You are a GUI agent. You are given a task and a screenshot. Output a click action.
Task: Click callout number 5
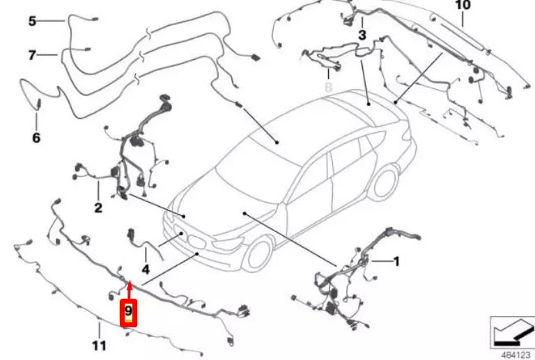coord(32,21)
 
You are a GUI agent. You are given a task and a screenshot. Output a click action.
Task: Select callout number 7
coord(32,54)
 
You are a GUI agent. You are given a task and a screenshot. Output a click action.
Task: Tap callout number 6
coord(36,137)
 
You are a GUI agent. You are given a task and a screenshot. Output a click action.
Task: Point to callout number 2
coord(98,207)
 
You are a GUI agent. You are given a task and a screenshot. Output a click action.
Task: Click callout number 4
coord(145,268)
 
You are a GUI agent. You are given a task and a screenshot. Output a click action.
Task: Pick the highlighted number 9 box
coord(129,313)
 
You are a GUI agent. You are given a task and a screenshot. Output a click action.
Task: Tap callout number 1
coord(396,262)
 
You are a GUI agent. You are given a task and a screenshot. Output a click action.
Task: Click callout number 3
coord(362,34)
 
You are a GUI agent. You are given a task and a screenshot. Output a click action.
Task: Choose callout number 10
coord(463,6)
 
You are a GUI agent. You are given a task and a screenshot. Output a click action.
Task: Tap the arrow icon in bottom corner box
coord(511,331)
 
